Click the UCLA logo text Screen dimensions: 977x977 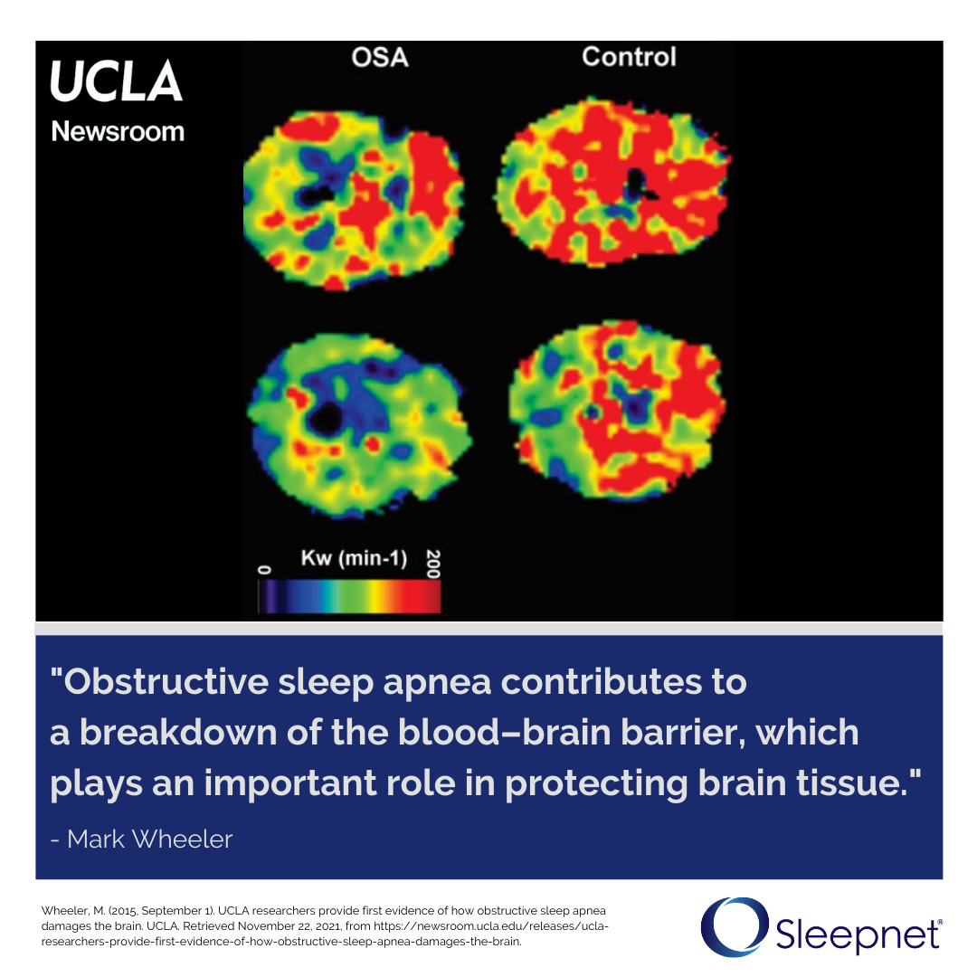[x=116, y=81]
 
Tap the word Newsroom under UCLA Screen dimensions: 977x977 [x=118, y=131]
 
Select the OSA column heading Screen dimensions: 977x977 [x=380, y=57]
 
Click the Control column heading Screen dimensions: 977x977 [x=630, y=57]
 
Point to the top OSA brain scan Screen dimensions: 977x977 [x=354, y=201]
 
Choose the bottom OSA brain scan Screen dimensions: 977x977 [x=359, y=426]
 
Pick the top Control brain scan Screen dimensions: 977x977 [x=613, y=181]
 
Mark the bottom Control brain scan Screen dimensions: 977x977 [x=618, y=410]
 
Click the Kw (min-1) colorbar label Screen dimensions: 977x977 [x=354, y=557]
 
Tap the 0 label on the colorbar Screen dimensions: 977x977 [x=264, y=570]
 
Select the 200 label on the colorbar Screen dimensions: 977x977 [x=433, y=564]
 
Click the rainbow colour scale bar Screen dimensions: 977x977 [x=349, y=596]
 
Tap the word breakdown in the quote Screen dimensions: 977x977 [x=178, y=732]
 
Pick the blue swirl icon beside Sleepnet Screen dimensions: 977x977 [x=735, y=926]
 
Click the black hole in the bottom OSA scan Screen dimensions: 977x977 [x=326, y=418]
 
